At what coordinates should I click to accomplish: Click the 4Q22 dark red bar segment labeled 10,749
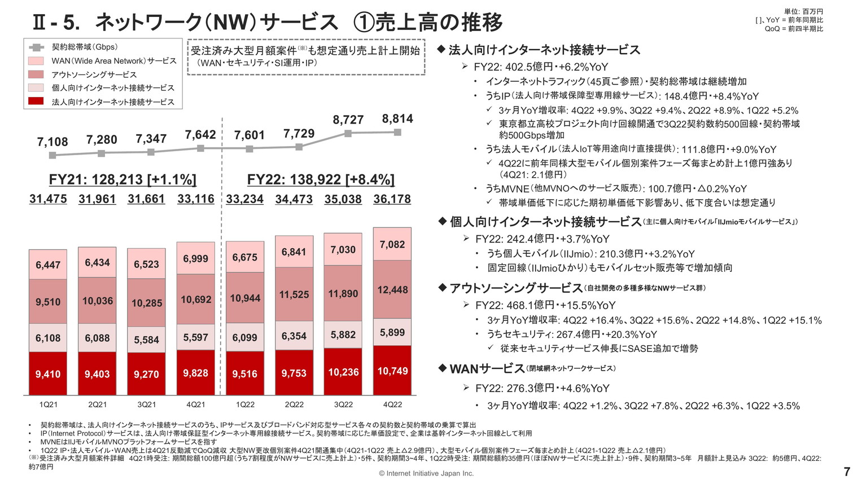(392, 371)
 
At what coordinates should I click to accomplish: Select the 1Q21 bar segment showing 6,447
(48, 265)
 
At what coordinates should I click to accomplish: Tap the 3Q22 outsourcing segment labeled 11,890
(343, 293)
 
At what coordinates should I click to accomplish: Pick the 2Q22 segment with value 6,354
(294, 336)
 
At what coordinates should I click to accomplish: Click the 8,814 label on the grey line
(397, 118)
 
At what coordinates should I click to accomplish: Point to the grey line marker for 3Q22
(348, 134)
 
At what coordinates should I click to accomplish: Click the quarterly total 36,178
(392, 199)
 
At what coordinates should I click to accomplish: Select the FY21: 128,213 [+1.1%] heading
(123, 179)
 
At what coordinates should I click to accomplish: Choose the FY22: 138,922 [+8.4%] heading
(321, 179)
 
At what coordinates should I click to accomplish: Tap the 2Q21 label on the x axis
(97, 404)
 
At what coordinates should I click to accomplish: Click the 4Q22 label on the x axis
(392, 404)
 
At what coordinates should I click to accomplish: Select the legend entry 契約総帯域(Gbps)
(85, 47)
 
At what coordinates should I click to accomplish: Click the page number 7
(846, 471)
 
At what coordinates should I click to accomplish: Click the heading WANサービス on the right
(487, 369)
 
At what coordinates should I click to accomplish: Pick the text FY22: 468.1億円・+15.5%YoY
(545, 305)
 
